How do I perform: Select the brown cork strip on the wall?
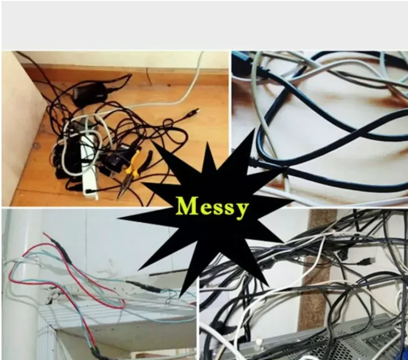tap(314, 272)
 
